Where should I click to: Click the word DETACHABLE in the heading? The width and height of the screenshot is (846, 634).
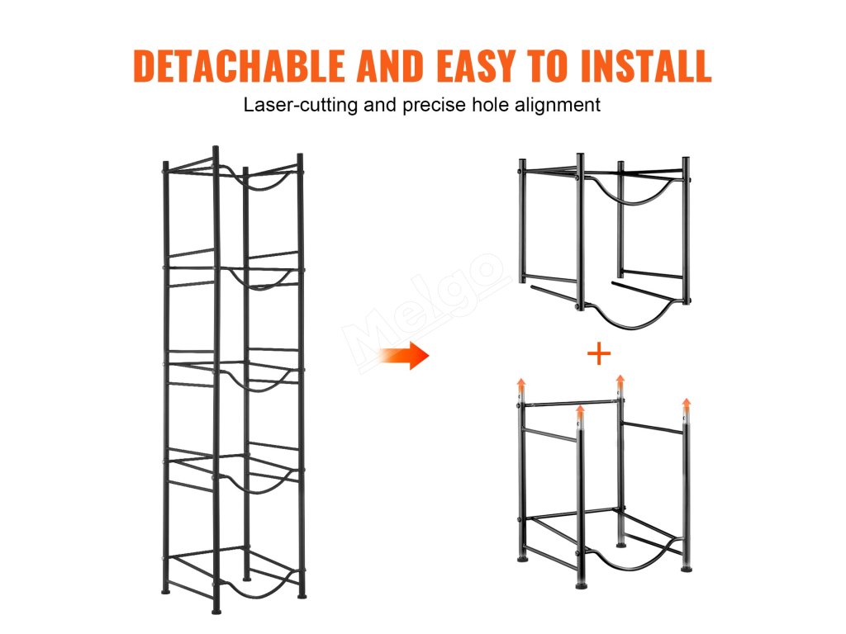click(239, 66)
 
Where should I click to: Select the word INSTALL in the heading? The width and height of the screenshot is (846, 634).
click(646, 66)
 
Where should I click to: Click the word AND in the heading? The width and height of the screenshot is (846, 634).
click(391, 66)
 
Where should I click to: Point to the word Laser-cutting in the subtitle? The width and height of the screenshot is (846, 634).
click(301, 105)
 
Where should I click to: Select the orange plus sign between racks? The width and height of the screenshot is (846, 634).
click(599, 354)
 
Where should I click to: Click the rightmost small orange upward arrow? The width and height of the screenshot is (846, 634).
click(687, 405)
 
